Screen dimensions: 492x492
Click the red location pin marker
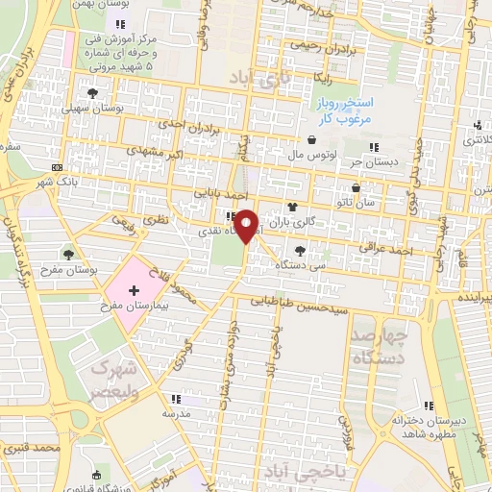point(248,226)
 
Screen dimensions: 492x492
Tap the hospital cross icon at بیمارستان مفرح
point(133,289)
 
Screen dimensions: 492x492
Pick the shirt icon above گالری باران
point(292,208)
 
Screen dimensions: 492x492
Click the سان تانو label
point(369,204)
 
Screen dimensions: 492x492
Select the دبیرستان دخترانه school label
point(429,420)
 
